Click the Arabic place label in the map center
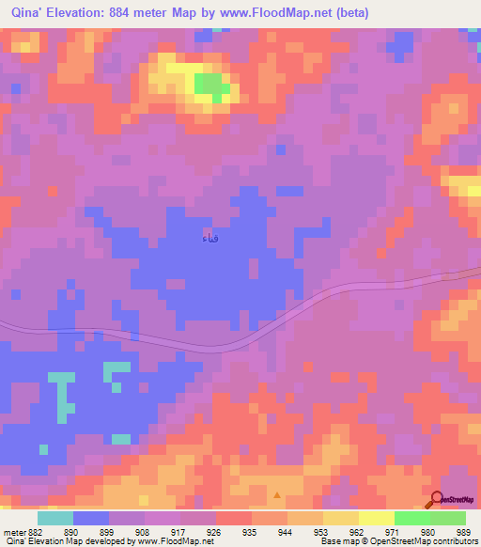[212, 239]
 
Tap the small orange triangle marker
[276, 493]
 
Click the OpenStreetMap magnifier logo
[437, 499]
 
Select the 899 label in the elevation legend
[118, 530]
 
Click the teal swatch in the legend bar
[55, 518]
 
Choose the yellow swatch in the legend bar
[377, 518]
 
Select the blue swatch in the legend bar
[91, 518]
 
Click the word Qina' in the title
[30, 13]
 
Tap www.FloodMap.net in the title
[281, 13]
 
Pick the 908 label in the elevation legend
[154, 530]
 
